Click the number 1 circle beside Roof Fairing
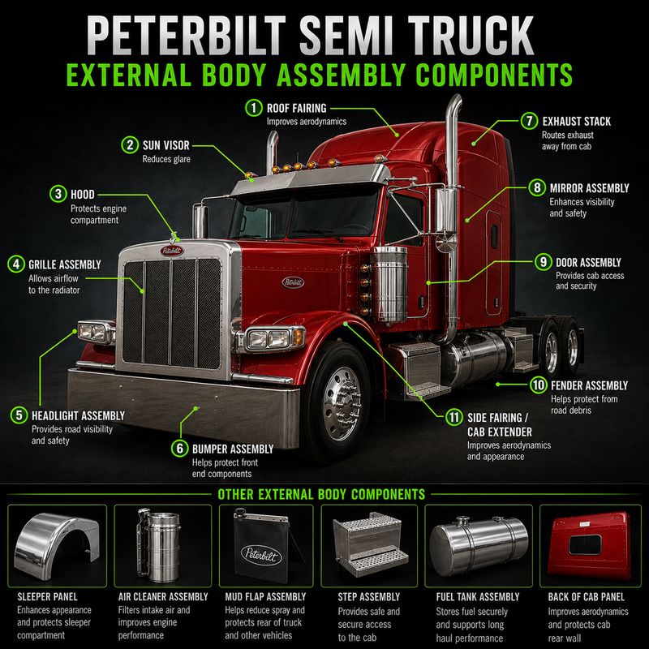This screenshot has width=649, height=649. click(253, 108)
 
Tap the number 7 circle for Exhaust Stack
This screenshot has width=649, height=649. click(529, 121)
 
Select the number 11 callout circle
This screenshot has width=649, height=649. click(453, 417)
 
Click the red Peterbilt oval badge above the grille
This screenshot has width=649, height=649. click(172, 251)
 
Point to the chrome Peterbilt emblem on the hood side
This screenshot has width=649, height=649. click(293, 282)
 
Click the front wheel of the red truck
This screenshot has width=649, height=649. click(340, 402)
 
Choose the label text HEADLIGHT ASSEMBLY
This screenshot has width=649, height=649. click(78, 415)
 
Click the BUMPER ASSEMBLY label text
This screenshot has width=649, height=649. click(233, 449)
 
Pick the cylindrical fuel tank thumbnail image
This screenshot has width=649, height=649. click(479, 545)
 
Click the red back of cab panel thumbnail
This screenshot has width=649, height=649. click(589, 545)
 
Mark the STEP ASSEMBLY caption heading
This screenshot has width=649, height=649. click(369, 597)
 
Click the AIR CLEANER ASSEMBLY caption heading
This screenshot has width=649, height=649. click(163, 597)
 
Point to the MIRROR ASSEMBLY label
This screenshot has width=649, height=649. click(590, 188)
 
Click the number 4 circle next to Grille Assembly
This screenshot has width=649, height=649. click(15, 264)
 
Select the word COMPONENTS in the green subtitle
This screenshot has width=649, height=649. click(494, 75)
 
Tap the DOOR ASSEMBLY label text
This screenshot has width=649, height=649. click(588, 262)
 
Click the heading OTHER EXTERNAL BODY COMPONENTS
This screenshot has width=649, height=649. click(321, 494)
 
